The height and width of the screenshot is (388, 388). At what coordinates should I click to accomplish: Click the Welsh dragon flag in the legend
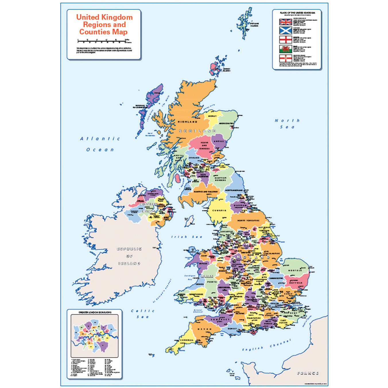coord(286,49)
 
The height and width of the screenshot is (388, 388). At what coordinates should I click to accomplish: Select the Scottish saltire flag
coord(286,30)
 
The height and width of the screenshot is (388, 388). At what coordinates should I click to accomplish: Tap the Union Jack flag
coord(286,22)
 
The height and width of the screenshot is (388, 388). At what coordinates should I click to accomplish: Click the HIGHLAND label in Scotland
coord(187,122)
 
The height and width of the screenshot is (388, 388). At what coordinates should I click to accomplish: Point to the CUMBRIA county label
coord(220,210)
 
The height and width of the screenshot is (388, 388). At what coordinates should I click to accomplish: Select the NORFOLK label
coord(295,270)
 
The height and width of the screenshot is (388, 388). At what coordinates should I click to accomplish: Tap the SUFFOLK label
coord(296,283)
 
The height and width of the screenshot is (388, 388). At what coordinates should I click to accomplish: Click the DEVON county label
coord(205,329)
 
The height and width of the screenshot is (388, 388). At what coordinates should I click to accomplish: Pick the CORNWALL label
coord(187,340)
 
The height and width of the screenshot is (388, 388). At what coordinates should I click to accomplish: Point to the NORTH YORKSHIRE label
coord(248,220)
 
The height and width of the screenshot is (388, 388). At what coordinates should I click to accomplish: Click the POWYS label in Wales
coord(212,282)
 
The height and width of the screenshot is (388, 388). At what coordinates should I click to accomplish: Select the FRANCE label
coord(308,373)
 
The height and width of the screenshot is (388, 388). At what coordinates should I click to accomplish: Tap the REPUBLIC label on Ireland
coord(129,249)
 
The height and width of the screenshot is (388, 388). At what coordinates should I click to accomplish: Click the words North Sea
coord(287,124)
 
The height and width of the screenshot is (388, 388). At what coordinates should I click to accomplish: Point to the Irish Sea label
coord(187,237)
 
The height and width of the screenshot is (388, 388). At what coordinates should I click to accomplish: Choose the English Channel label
coord(267,345)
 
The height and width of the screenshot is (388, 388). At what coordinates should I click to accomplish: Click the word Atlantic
coord(100,139)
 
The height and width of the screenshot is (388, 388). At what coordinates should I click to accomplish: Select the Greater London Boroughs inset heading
coord(95,312)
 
